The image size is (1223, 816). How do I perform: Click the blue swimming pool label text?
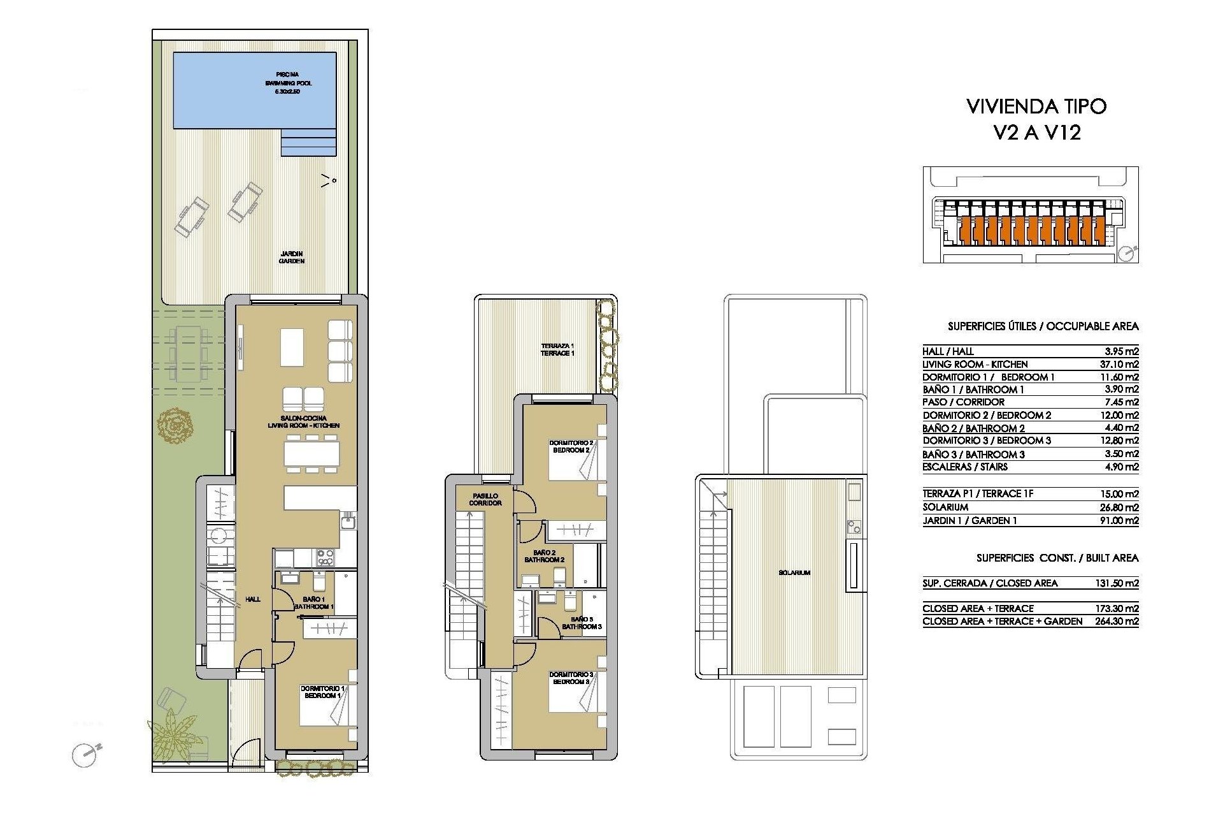288,83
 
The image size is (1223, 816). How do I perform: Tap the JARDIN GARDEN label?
292,258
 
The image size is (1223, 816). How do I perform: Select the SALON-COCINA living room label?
303,421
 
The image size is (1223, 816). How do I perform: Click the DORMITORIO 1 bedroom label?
322,692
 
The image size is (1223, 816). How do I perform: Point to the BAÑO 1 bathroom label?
314,603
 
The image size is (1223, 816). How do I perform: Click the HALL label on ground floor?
253,599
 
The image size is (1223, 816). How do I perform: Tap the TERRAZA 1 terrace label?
557,349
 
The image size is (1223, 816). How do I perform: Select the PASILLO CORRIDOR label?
485,499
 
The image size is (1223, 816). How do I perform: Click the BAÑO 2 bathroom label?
545,556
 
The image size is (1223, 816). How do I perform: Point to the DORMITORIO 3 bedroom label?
571,678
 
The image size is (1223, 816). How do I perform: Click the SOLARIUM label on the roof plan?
794,572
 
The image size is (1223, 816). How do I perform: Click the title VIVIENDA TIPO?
1036,106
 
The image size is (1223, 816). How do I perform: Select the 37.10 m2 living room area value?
1121,364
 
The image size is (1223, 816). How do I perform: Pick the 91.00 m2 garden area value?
1121,520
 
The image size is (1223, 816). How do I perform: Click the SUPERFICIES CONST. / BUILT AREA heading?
1057,558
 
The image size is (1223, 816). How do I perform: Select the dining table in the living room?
311,454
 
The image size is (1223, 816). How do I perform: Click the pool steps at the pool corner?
308,142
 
